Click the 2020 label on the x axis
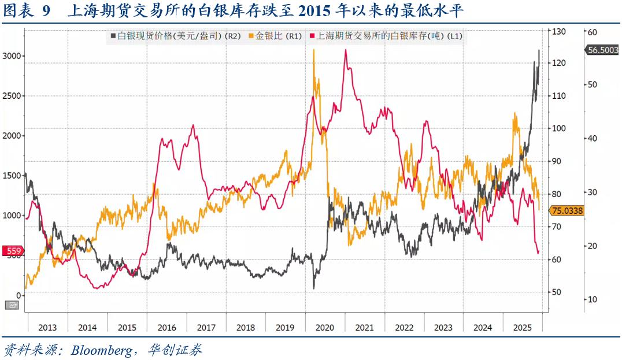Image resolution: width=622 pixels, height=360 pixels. coord(325,328)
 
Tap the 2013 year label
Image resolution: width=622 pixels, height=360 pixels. coord(47,328)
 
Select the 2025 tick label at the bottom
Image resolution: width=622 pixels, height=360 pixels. coord(523,328)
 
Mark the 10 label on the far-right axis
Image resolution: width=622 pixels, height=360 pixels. coord(592,299)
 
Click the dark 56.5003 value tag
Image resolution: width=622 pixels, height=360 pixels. coord(602,50)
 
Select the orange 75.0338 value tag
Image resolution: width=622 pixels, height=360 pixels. coord(567,211)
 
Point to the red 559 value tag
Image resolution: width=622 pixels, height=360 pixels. coord(13,251)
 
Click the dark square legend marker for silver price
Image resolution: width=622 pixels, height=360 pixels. coord(113,36)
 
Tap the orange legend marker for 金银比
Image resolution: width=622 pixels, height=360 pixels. coord(250,36)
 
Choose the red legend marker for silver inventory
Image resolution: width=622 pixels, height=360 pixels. coord(312,36)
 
